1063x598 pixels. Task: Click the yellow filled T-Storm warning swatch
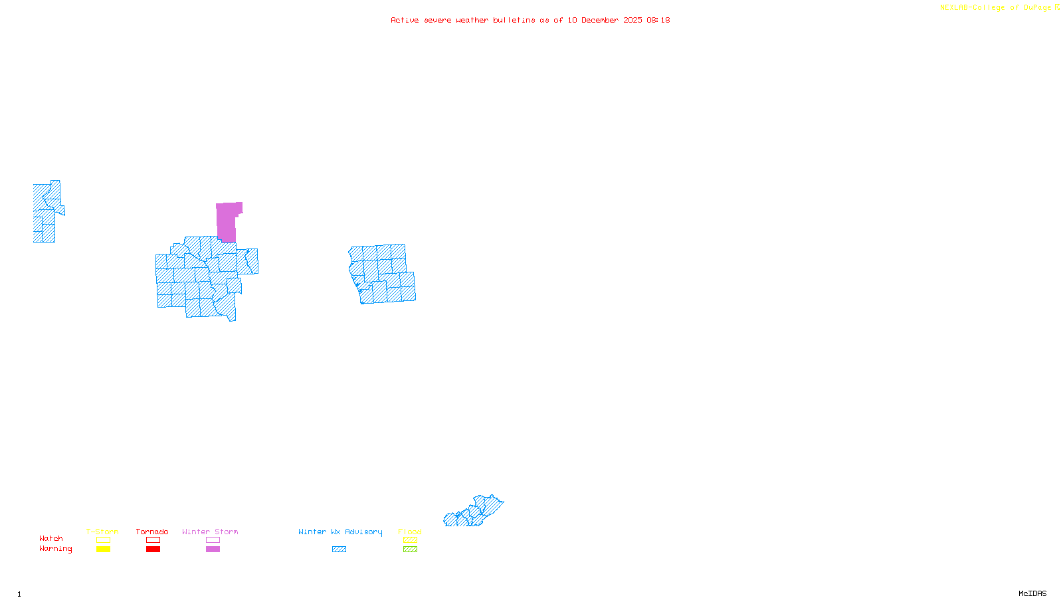(103, 549)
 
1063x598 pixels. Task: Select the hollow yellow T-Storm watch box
(103, 540)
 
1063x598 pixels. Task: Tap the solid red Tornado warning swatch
(153, 549)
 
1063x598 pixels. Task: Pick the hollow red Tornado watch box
(153, 540)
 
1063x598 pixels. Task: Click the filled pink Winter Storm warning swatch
(213, 549)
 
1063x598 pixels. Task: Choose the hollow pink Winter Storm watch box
(213, 540)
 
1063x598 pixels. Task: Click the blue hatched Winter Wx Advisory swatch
(339, 549)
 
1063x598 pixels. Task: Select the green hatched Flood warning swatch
(410, 549)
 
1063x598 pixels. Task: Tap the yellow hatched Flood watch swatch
(410, 540)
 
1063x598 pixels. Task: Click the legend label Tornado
(152, 532)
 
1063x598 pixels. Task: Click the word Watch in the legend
(51, 538)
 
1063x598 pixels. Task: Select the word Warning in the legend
(55, 549)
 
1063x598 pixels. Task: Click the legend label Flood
(410, 532)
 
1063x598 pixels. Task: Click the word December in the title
(599, 20)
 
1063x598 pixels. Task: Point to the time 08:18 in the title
(658, 20)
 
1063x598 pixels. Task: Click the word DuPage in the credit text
(1037, 7)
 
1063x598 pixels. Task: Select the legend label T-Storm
(102, 532)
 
